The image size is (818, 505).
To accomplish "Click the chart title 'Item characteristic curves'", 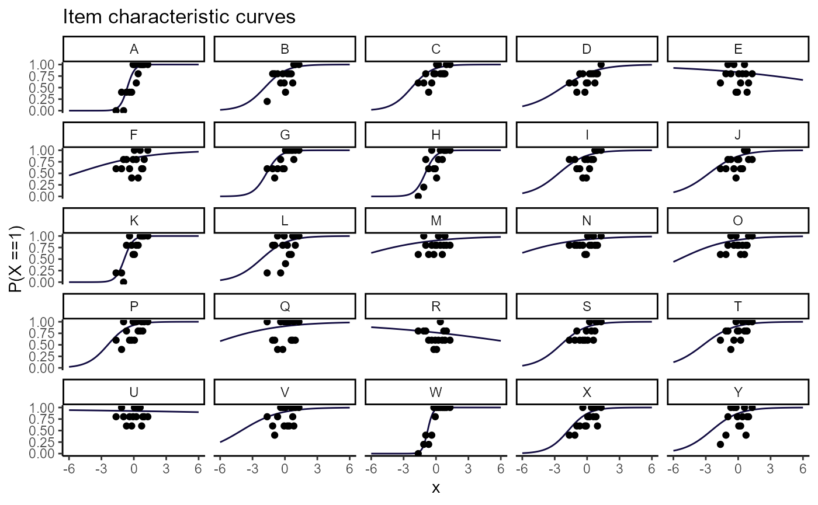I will point(179,18).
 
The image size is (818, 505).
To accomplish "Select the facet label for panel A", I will point(134,49).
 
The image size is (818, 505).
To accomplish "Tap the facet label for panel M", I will point(436,221).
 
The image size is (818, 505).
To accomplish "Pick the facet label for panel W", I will point(436,392).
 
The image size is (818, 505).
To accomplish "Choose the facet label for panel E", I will point(738,49).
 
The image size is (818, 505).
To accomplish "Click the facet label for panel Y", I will point(738,392).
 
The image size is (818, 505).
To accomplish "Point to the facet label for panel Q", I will point(285,307).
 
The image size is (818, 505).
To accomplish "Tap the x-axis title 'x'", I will point(436,488).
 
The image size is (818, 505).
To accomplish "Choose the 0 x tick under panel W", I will point(436,466).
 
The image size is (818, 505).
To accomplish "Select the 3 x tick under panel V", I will point(317,466).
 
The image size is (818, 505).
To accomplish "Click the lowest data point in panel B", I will point(267,102).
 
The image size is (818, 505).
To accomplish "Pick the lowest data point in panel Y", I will point(720,444).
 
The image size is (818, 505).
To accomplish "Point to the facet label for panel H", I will point(436,135).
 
